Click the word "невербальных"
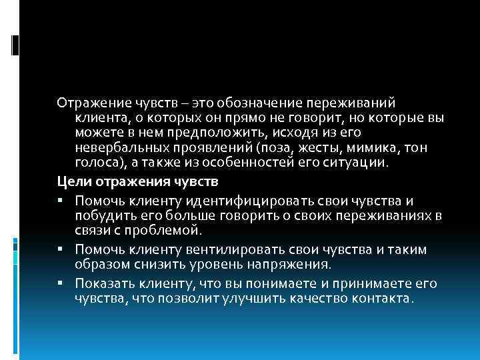[x=116, y=147]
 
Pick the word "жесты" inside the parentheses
[x=304, y=147]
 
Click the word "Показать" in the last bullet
[x=101, y=283]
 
